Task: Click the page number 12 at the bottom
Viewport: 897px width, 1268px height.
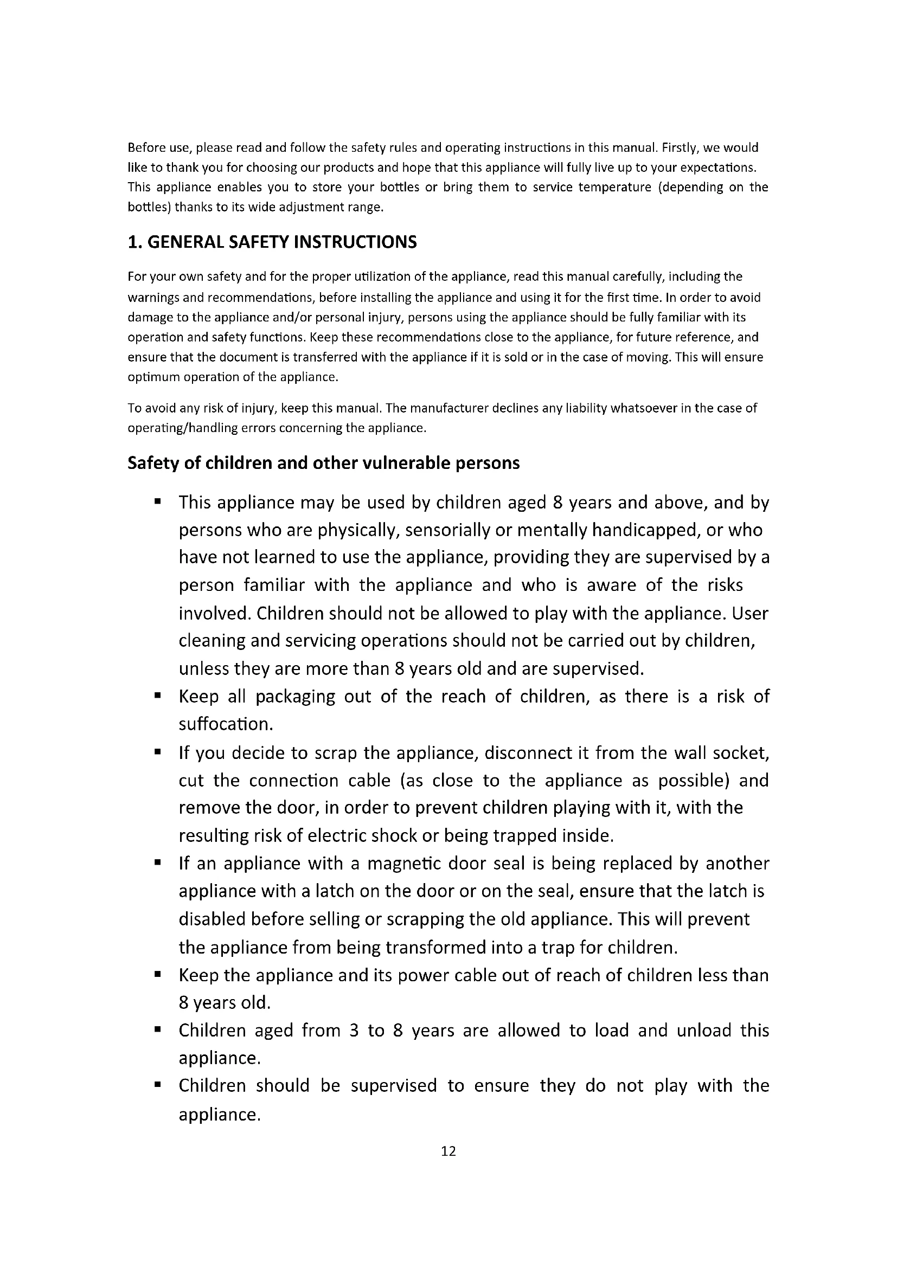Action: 448,1151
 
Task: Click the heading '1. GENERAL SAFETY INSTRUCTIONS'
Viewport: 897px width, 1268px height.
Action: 272,242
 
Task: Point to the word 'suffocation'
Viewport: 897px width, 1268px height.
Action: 226,724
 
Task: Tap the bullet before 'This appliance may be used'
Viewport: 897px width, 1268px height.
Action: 158,501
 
